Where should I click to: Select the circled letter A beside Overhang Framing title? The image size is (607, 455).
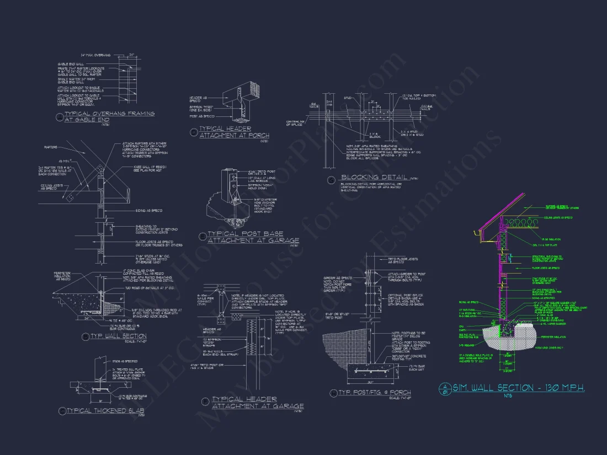pos(61,116)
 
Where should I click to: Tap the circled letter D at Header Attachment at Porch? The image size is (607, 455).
pos(194,132)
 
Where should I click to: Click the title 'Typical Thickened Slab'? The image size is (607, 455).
pos(105,411)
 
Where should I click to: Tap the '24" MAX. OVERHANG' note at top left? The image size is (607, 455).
pos(96,55)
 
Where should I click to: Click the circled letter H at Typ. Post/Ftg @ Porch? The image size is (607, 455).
pos(333,393)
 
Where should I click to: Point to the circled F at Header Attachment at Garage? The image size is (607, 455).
pos(206,402)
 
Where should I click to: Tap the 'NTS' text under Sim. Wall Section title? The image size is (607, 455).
pos(508,395)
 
